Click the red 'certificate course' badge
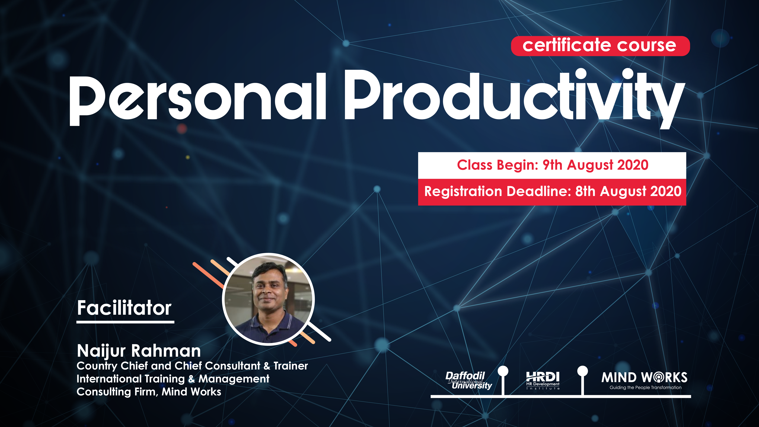(x=600, y=46)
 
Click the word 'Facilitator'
(x=124, y=308)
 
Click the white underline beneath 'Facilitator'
(x=125, y=322)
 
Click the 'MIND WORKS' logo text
(x=644, y=377)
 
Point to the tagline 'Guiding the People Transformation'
(x=645, y=388)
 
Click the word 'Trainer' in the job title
(x=290, y=366)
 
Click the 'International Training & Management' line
(x=173, y=379)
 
